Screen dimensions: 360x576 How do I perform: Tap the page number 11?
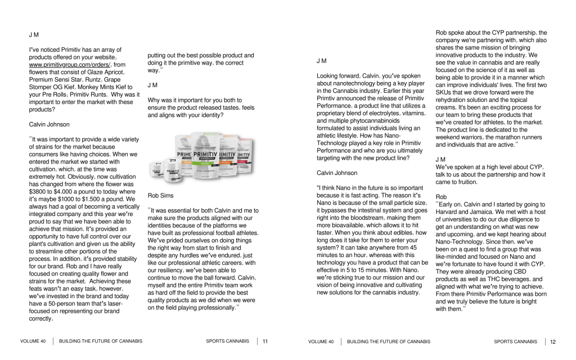(x=265, y=341)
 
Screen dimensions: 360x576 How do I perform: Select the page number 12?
(x=553, y=341)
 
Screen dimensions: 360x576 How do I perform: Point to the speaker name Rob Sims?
(x=160, y=195)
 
